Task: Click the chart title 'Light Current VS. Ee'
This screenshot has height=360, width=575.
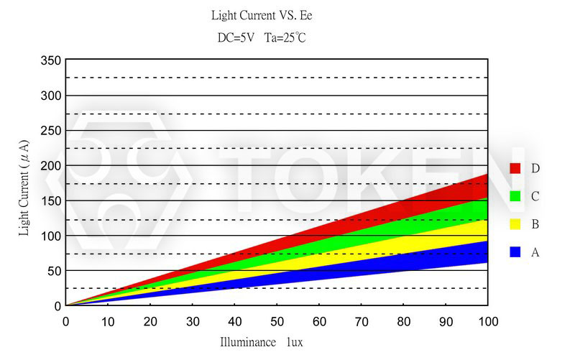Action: [262, 15]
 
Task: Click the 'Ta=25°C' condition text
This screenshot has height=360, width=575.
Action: [285, 38]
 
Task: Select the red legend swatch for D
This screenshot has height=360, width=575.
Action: [515, 168]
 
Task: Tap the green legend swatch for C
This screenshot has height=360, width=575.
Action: [515, 196]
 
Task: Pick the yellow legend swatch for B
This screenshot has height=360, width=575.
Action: [515, 224]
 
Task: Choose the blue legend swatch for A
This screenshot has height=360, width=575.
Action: [515, 252]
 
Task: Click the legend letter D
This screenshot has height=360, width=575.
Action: [535, 168]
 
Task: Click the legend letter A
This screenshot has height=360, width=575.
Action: [535, 252]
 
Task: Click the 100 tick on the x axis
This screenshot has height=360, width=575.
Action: [488, 320]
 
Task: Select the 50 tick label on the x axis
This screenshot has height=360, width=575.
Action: [277, 320]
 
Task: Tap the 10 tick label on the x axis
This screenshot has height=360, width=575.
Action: [108, 320]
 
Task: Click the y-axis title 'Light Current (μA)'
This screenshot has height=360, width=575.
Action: [24, 188]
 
